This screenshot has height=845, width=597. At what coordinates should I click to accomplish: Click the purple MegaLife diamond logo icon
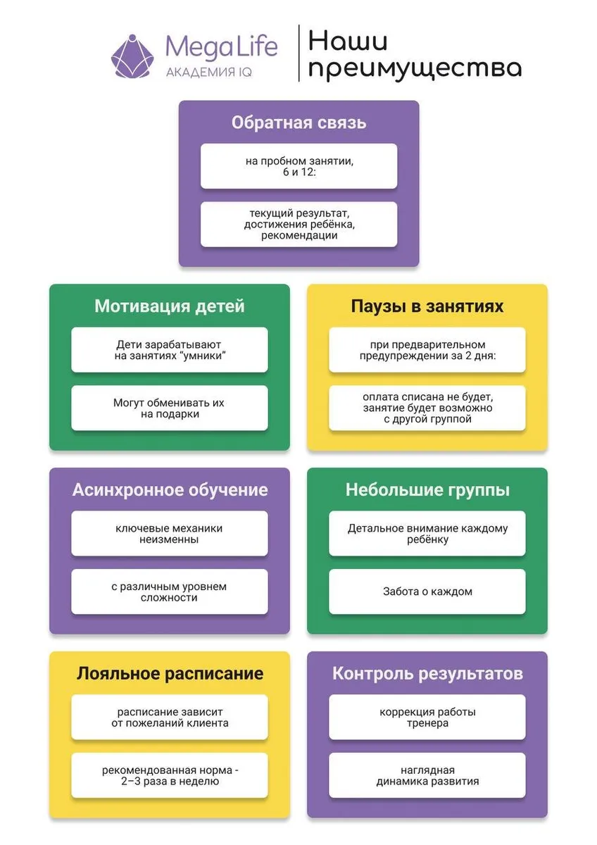click(x=133, y=56)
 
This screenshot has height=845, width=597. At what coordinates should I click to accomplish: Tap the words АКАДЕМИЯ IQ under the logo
click(x=208, y=73)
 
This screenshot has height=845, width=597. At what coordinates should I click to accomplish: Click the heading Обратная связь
click(x=298, y=123)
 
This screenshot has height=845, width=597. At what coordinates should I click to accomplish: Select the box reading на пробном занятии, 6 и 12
click(x=298, y=167)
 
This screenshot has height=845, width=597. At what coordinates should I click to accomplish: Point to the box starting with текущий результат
click(x=298, y=224)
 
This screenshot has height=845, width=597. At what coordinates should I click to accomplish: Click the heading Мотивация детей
click(x=170, y=306)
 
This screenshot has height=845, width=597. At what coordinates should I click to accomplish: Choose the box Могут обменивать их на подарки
click(x=170, y=408)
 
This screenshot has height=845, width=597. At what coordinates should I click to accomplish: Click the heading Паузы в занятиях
click(x=427, y=306)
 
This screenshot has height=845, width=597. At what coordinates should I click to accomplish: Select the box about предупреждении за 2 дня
click(x=427, y=350)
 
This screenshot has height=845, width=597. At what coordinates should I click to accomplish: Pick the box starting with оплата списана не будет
click(x=427, y=408)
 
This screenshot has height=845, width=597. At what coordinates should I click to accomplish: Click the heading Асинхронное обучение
click(x=170, y=490)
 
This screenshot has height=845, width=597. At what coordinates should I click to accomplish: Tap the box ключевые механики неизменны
click(x=170, y=534)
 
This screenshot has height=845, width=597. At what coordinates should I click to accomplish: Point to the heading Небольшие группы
click(x=427, y=490)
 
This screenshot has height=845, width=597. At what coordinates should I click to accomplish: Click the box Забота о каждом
click(x=427, y=591)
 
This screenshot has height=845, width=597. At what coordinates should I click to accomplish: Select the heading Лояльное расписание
click(x=170, y=674)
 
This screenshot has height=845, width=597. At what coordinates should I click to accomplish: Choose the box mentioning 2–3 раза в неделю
click(x=170, y=775)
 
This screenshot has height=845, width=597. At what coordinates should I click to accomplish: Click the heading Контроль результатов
click(x=427, y=674)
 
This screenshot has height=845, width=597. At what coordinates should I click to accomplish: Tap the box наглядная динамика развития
click(x=427, y=775)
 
